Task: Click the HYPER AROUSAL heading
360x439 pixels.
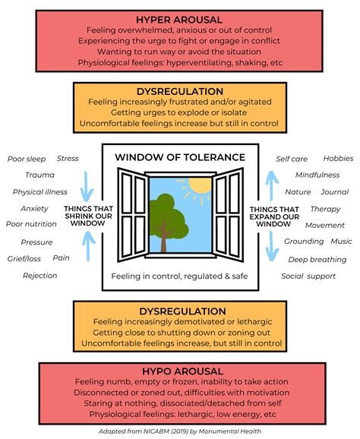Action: pyautogui.click(x=180, y=18)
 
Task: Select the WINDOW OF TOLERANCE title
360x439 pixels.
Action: pyautogui.click(x=180, y=157)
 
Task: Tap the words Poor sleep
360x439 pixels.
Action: pyautogui.click(x=27, y=159)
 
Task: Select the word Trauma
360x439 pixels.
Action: pyautogui.click(x=29, y=175)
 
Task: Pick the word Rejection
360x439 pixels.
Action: pyautogui.click(x=40, y=275)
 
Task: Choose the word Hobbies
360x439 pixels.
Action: pyautogui.click(x=336, y=158)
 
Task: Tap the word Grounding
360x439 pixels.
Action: pyautogui.click(x=304, y=242)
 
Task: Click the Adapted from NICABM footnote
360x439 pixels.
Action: pyautogui.click(x=180, y=431)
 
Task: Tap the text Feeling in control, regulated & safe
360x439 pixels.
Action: pyautogui.click(x=180, y=276)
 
